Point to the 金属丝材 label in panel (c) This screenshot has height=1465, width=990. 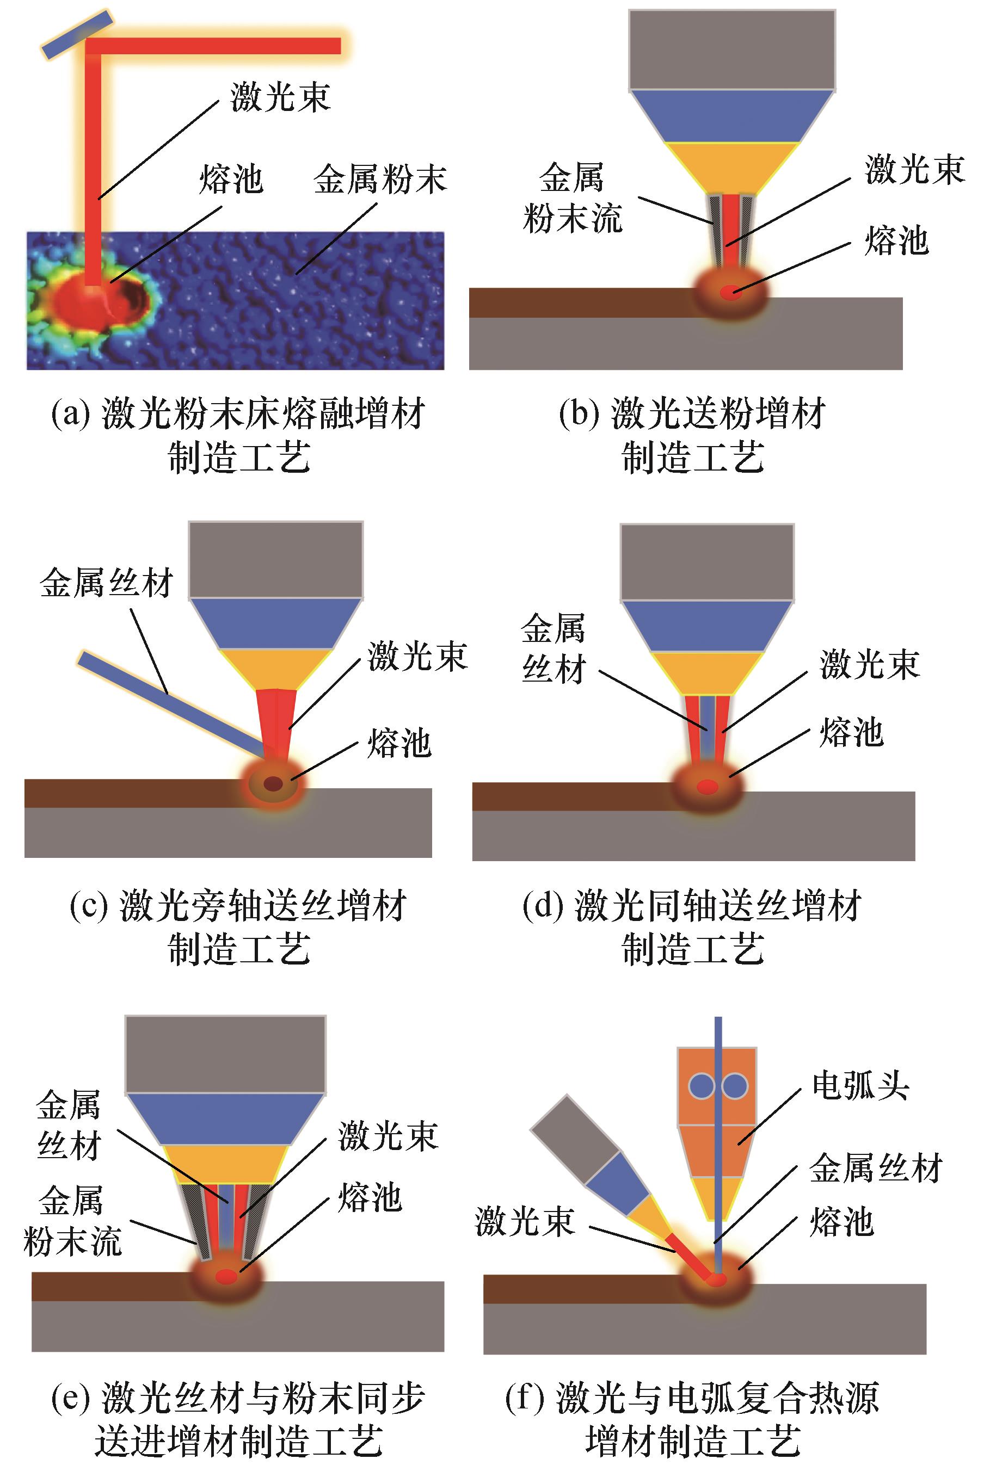pos(106,583)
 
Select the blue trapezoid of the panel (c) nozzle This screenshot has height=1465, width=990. pos(276,623)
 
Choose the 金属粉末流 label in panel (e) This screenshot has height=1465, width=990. pos(71,1221)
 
